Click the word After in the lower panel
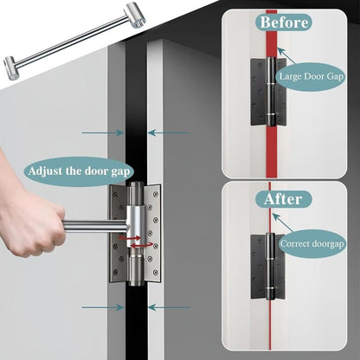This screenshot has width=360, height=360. click(282, 199)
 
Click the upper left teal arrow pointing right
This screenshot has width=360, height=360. click(102, 132)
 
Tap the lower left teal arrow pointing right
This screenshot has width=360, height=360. click(102, 306)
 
